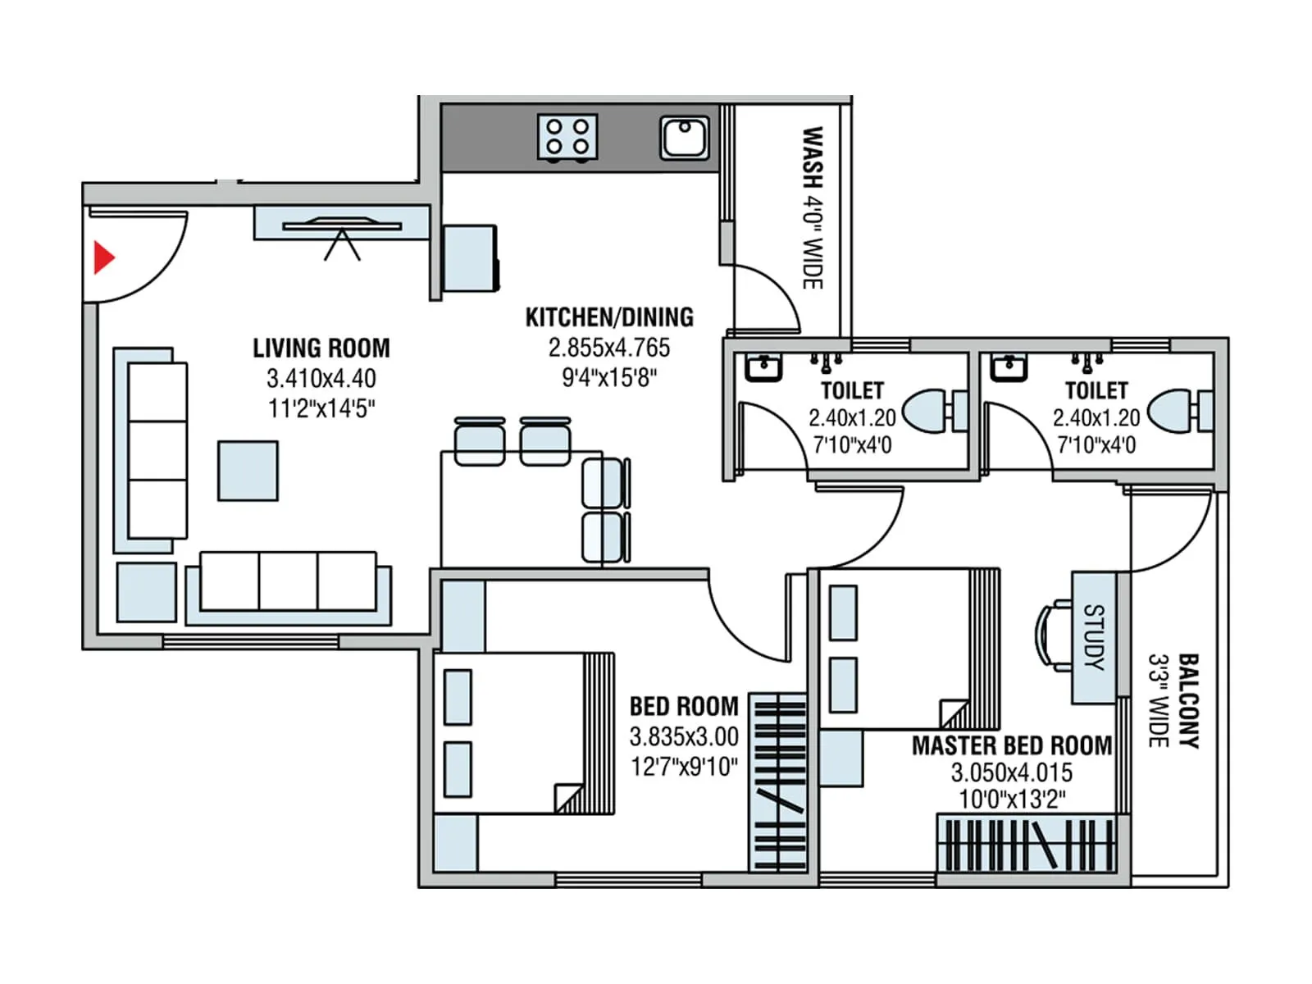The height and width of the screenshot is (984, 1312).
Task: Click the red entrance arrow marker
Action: coord(103,257)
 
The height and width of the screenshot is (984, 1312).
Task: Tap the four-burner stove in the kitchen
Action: coord(567,137)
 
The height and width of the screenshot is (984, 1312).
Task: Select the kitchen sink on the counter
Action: coord(685,138)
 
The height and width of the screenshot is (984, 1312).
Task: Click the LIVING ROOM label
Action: coord(321,348)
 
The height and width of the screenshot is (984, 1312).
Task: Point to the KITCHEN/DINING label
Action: coord(609,317)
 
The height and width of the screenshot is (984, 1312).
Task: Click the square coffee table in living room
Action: coord(248,471)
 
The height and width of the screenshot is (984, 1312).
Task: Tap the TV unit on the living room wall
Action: coord(341,224)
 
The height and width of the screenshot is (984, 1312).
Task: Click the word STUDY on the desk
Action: coord(1094,637)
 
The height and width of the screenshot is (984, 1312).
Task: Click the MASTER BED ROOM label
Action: coord(1011,745)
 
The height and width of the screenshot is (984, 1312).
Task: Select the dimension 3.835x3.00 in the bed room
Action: coord(684,736)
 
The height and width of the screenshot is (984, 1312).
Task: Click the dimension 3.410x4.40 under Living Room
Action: coord(321,379)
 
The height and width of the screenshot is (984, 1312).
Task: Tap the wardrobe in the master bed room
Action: coord(1026,844)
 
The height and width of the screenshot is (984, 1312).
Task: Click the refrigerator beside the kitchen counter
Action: coord(470,258)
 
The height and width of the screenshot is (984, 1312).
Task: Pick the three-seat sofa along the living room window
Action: coord(288,581)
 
